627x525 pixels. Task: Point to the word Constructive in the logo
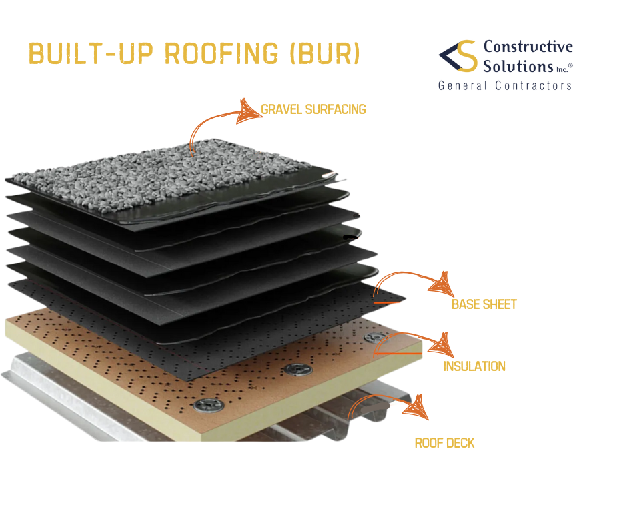point(528,47)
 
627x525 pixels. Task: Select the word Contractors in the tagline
point(534,85)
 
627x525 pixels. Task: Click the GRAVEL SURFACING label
point(313,109)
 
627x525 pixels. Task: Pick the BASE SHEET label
point(484,305)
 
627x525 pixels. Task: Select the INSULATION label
point(474,366)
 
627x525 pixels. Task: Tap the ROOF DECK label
point(444,443)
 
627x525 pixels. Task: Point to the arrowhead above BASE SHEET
point(438,284)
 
